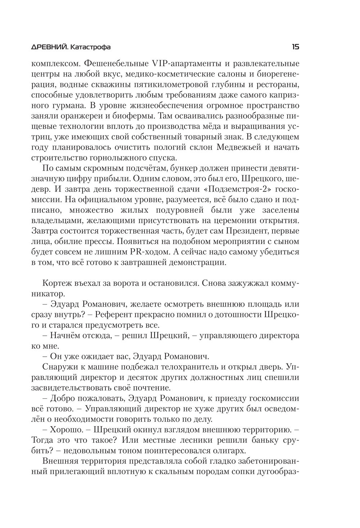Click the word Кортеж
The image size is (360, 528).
59,282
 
